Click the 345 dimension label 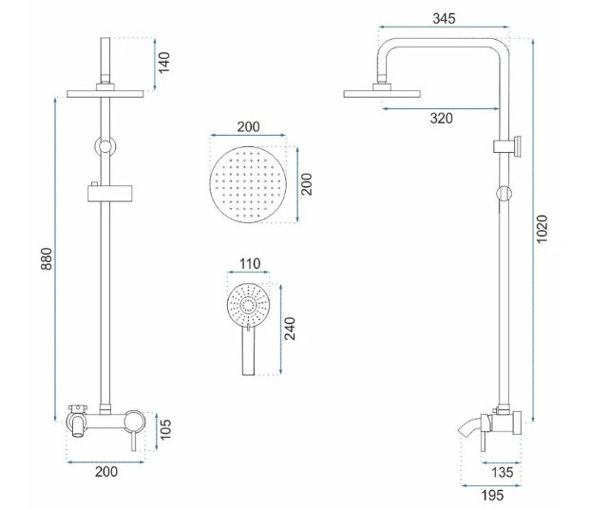pos(444,18)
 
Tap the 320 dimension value pos(442,119)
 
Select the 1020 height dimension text pos(542,229)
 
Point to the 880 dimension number pos(47,258)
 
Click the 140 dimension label pos(163,63)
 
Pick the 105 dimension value pos(164,429)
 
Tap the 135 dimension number pos(502,472)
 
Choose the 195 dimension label pos(492,496)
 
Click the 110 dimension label pos(250,264)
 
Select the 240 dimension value pos(290,329)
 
